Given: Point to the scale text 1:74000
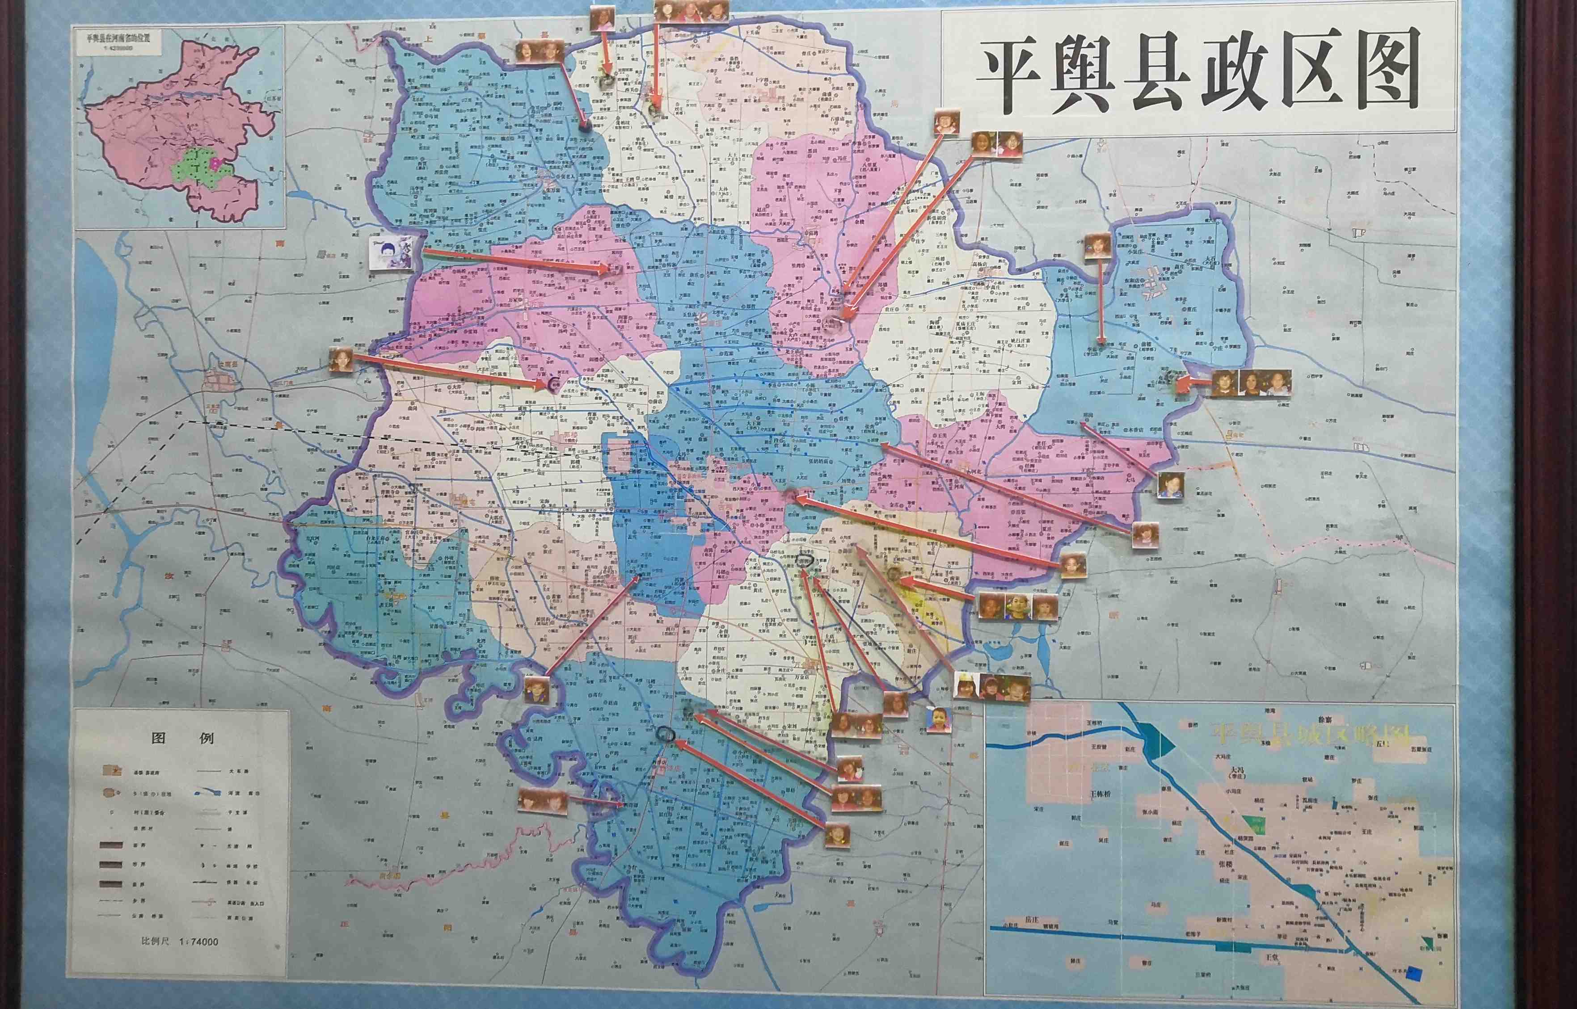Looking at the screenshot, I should point(198,942).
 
